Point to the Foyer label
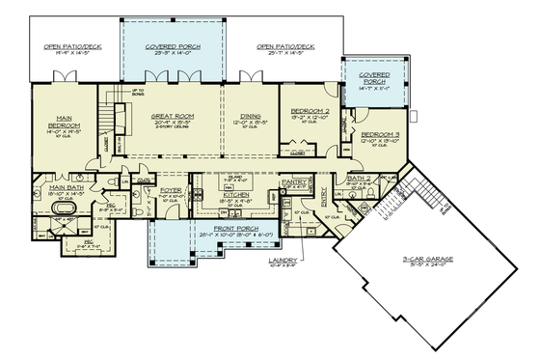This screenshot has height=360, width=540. click(x=172, y=190)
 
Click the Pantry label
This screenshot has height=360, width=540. click(x=293, y=180)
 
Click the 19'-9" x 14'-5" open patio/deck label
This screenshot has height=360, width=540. click(x=70, y=47)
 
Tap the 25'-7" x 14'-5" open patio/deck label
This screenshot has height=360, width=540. click(x=286, y=47)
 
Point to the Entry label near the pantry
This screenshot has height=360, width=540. click(x=324, y=192)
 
